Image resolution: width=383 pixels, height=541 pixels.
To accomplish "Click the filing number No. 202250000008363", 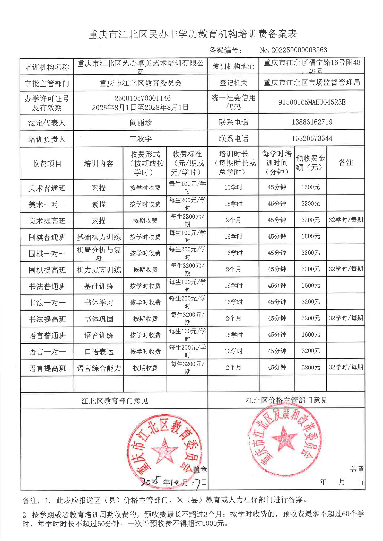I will point(293,50).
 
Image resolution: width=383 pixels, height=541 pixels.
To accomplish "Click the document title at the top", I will point(193,34).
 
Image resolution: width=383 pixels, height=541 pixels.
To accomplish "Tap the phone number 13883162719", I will point(312,122).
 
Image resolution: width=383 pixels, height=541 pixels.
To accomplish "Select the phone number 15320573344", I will point(312,138).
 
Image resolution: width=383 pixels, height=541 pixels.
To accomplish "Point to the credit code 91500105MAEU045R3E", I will point(312,102).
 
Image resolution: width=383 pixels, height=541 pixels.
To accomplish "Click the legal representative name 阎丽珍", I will point(141,122).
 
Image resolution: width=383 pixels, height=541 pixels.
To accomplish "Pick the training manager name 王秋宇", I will point(141,139).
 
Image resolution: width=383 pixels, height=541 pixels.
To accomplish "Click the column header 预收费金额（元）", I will point(310,163).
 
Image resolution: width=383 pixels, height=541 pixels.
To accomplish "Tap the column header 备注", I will point(346,163).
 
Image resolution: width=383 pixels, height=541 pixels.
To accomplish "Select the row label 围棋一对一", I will point(47,254).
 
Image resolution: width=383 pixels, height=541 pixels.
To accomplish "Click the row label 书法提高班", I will point(47,319).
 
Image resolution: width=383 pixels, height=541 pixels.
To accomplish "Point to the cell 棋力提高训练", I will point(99,270).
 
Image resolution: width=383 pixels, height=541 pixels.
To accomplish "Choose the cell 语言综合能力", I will point(99,368).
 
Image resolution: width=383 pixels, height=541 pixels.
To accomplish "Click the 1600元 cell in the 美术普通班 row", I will point(311,187).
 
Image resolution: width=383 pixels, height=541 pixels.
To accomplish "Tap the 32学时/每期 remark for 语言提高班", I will point(346,367).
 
